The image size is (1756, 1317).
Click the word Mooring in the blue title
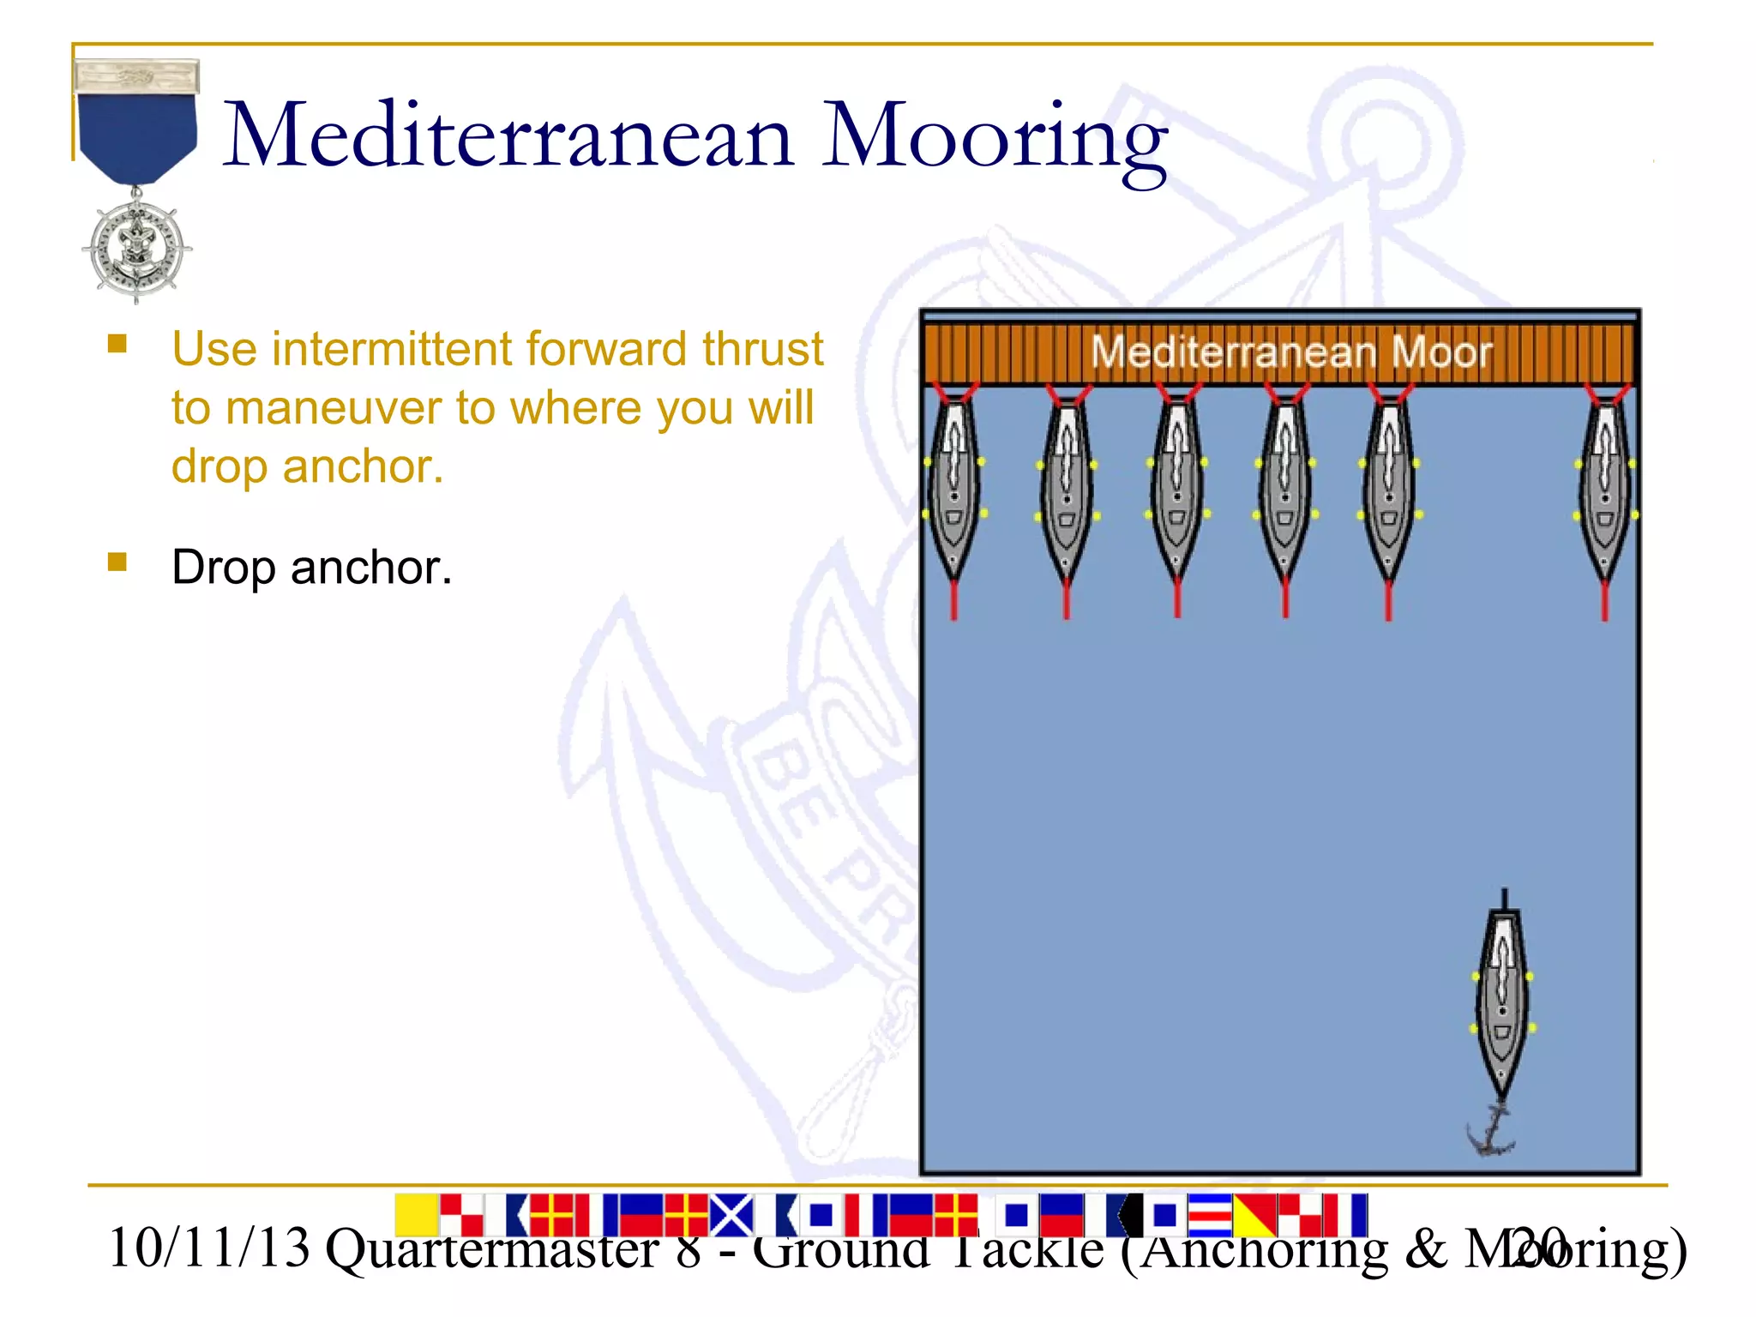pyautogui.click(x=995, y=137)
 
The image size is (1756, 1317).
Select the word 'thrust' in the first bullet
pyautogui.click(x=762, y=349)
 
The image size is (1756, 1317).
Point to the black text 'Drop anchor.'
pyautogui.click(x=311, y=568)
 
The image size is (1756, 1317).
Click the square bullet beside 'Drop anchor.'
pyautogui.click(x=117, y=562)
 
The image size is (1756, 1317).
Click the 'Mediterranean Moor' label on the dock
pyautogui.click(x=1290, y=352)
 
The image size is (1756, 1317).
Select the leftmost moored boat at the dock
pyautogui.click(x=953, y=489)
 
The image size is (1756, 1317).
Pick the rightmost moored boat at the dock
pyautogui.click(x=1605, y=489)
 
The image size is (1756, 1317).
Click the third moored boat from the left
pyautogui.click(x=1177, y=489)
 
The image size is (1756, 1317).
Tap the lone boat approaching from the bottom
pyautogui.click(x=1502, y=1003)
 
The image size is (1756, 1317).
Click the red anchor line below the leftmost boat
pyautogui.click(x=953, y=600)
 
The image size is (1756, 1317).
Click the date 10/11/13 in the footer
pyautogui.click(x=208, y=1248)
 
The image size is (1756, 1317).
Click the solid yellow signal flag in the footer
pyautogui.click(x=417, y=1215)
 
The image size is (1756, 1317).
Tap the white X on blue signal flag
pyautogui.click(x=731, y=1215)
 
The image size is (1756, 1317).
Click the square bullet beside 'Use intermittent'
pyautogui.click(x=117, y=345)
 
